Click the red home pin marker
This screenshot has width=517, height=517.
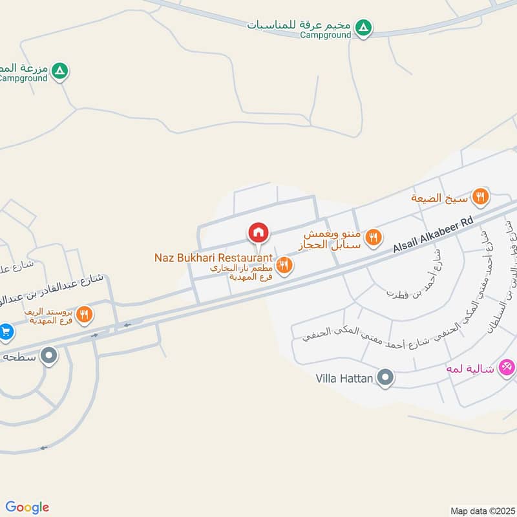258,232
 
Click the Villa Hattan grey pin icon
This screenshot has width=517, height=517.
385,377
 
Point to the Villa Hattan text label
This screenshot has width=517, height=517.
344,378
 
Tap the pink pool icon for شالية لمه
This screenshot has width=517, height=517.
507,368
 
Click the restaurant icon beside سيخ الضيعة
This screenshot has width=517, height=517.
479,196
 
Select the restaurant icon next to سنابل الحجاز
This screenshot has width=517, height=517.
372,238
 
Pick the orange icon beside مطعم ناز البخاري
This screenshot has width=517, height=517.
284,264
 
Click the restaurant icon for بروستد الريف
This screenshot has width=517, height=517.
84,315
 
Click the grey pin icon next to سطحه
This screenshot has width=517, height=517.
48,355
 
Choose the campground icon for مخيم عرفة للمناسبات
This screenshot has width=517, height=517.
364,28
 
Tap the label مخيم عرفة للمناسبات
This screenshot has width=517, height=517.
299,25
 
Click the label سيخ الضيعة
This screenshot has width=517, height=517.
439,198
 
